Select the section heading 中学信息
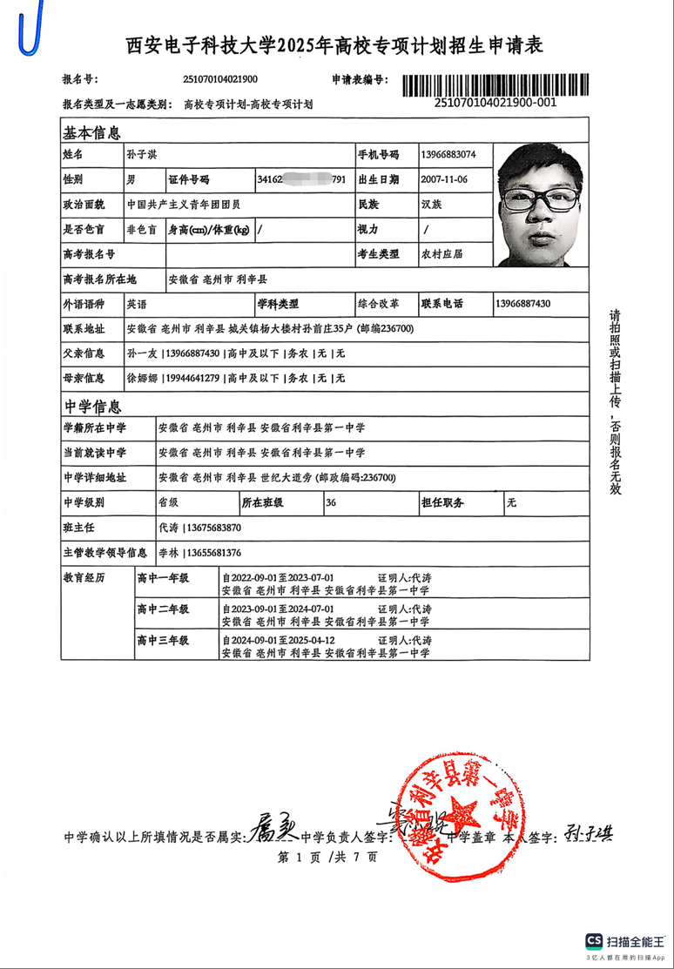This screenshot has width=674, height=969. tap(91, 406)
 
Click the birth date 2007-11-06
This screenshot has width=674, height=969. tap(444, 180)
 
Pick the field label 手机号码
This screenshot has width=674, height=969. tap(379, 155)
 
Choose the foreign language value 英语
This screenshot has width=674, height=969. tap(137, 305)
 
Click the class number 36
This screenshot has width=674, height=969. tap(330, 503)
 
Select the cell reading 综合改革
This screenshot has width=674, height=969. tap(379, 305)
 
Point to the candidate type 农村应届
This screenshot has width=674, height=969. tap(441, 254)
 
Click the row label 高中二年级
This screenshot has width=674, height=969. tap(163, 609)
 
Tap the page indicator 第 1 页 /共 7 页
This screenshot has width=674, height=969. tap(327, 858)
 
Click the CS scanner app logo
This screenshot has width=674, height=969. tap(595, 941)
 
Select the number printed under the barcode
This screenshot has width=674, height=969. tap(495, 103)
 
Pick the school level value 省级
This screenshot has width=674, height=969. tap(167, 503)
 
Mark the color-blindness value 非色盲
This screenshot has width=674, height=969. tap(142, 230)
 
